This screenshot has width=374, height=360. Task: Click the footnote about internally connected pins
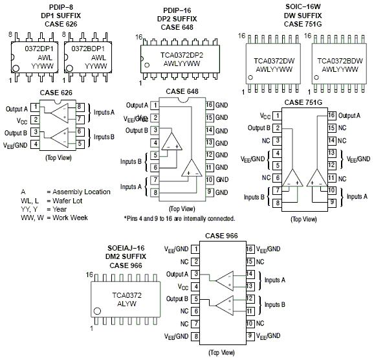pyautogui.click(x=179, y=219)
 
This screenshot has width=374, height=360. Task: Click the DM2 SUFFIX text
pyautogui.click(x=126, y=256)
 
